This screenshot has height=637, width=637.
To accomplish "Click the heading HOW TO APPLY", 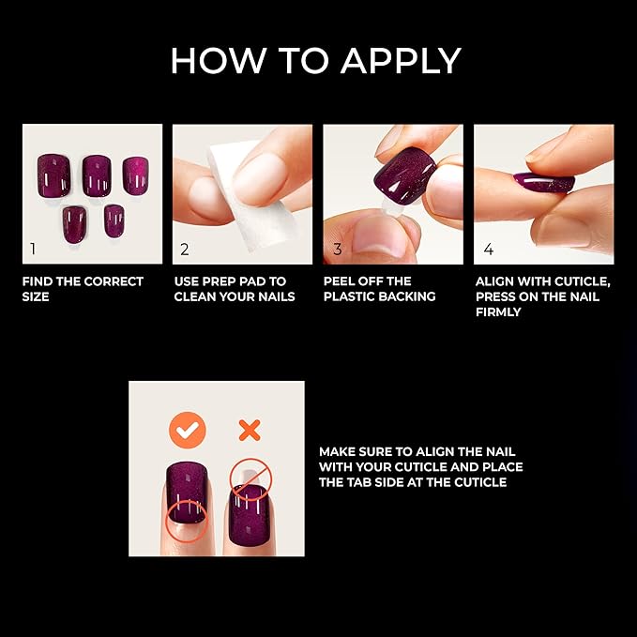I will [315, 61].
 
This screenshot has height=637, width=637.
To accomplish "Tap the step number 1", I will [34, 250].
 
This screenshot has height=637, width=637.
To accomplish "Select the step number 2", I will [185, 250].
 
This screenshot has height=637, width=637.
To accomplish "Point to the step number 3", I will [336, 250].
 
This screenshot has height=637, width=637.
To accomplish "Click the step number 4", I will [487, 250].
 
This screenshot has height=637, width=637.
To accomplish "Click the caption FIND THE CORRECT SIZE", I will [83, 289].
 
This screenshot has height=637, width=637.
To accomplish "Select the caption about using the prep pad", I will [235, 289].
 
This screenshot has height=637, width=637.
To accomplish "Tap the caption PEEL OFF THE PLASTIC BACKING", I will [379, 289].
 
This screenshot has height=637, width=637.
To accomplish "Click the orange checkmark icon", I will [187, 430].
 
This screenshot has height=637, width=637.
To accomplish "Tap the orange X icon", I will [249, 430].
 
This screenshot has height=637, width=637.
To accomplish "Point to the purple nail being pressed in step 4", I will [543, 180].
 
